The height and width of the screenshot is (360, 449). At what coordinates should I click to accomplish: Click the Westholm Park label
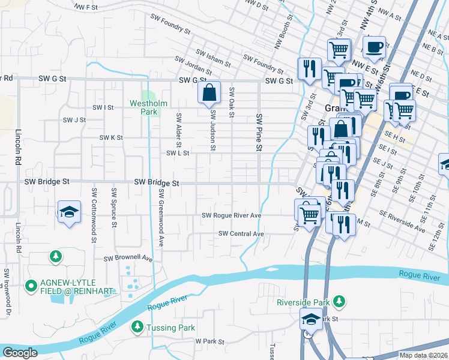145,107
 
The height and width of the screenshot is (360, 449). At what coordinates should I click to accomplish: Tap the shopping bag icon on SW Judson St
209,93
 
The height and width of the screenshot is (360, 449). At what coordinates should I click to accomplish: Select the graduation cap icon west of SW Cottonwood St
69,212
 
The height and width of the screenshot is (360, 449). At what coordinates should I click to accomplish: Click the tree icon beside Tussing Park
137,328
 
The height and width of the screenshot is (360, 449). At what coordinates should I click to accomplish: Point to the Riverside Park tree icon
340,301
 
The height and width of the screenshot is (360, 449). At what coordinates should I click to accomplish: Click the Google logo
20,353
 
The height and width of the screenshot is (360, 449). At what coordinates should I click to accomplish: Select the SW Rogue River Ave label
231,215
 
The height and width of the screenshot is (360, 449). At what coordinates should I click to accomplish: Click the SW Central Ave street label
241,233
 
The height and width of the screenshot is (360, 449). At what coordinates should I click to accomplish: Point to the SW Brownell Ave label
128,259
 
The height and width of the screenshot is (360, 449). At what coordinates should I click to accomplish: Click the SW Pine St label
259,132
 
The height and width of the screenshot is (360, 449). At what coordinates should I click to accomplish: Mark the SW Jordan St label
194,62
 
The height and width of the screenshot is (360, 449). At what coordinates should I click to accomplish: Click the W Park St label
209,341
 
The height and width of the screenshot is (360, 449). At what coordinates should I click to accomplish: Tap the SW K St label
111,137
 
